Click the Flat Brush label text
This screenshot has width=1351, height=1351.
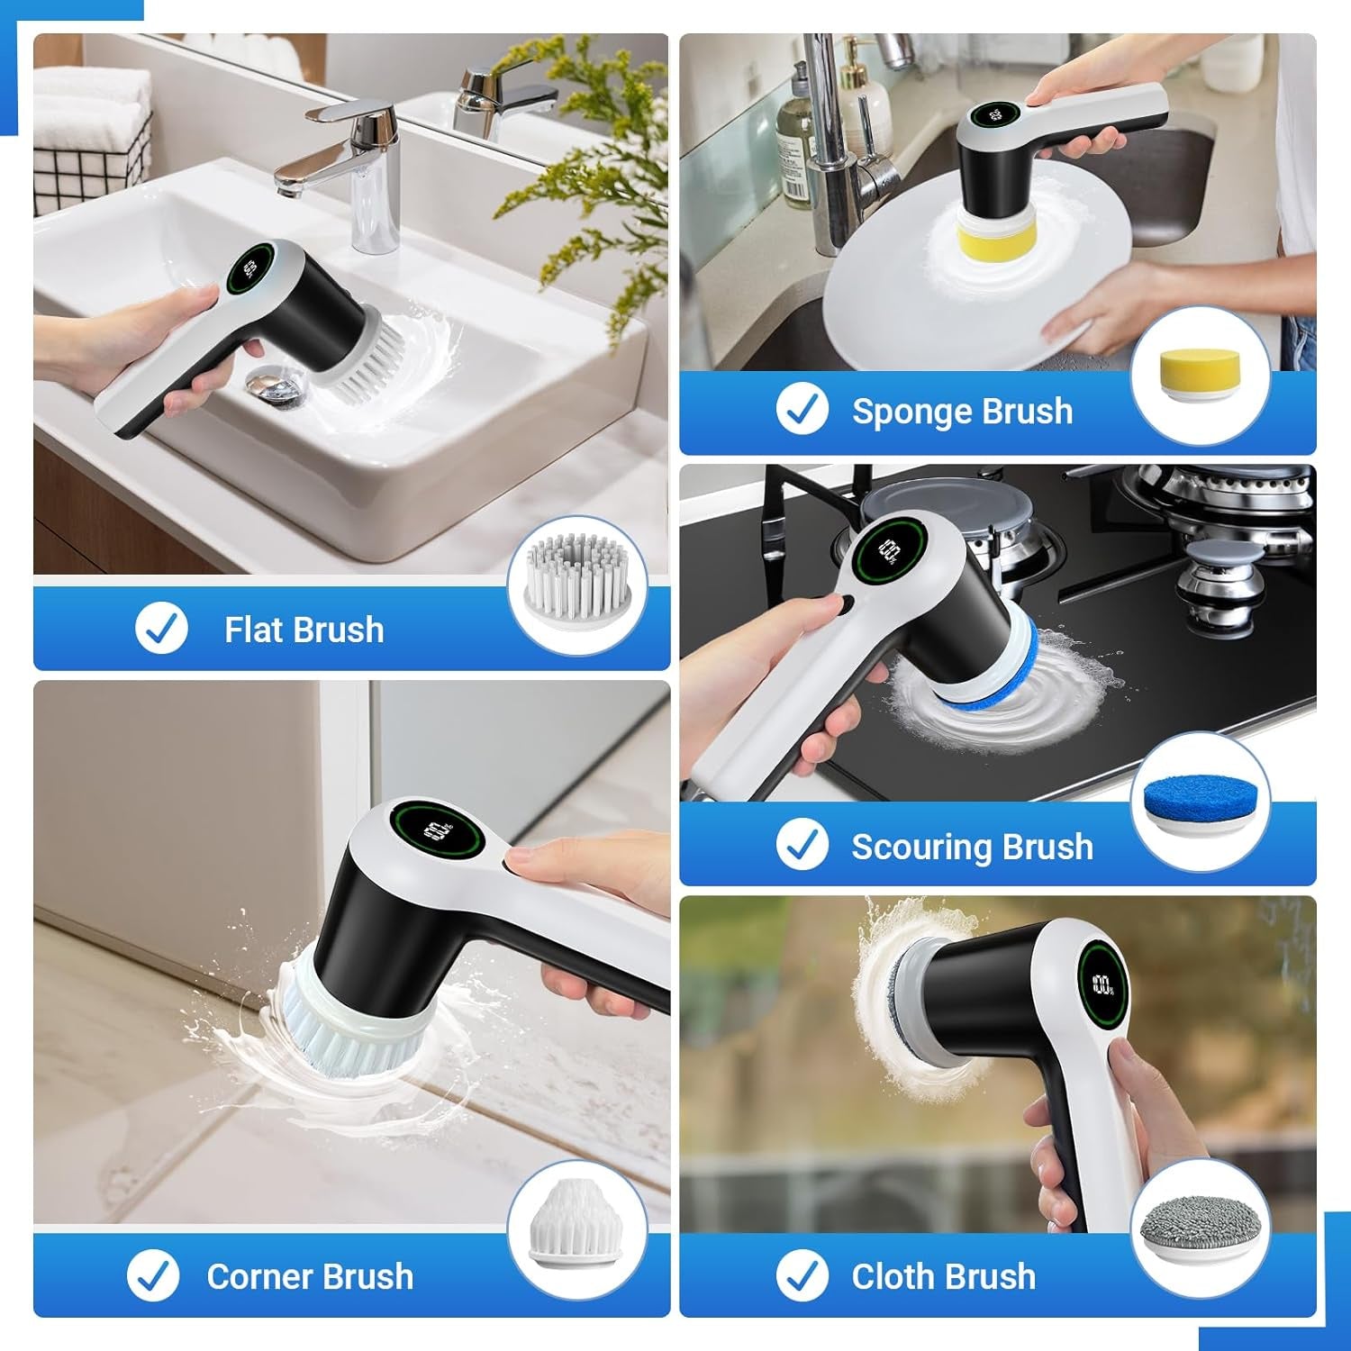pyautogui.click(x=304, y=630)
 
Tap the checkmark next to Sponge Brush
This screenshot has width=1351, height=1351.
pyautogui.click(x=802, y=410)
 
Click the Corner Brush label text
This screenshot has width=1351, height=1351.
pyautogui.click(x=310, y=1277)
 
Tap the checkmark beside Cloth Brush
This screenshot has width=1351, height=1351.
pyautogui.click(x=802, y=1276)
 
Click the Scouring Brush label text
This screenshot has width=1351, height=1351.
pyautogui.click(x=972, y=848)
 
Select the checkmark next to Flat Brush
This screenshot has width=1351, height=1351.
pyautogui.click(x=161, y=629)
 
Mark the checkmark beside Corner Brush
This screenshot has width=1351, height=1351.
pyautogui.click(x=153, y=1275)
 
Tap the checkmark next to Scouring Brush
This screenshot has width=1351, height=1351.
pyautogui.click(x=802, y=846)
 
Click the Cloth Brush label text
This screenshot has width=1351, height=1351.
pyautogui.click(x=943, y=1277)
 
